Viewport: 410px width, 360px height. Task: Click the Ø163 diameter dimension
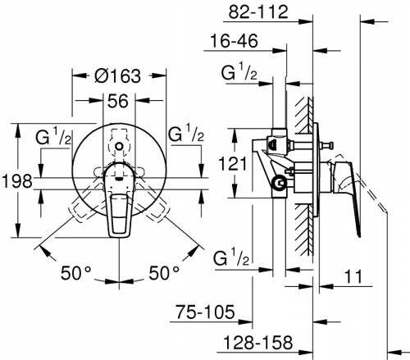tap(117, 75)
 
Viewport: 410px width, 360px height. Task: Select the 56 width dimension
tap(117, 101)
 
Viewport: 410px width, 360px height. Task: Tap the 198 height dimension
tap(17, 181)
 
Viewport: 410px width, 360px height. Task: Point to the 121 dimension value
tap(233, 164)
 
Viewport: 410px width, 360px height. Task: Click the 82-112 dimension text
tap(258, 12)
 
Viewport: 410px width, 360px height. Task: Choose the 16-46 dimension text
tap(235, 41)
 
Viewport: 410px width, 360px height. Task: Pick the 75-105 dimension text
tap(205, 312)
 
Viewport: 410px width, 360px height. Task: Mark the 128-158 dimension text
tap(258, 342)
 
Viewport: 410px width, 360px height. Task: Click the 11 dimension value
tap(353, 276)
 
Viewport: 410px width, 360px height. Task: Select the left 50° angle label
tap(75, 272)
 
